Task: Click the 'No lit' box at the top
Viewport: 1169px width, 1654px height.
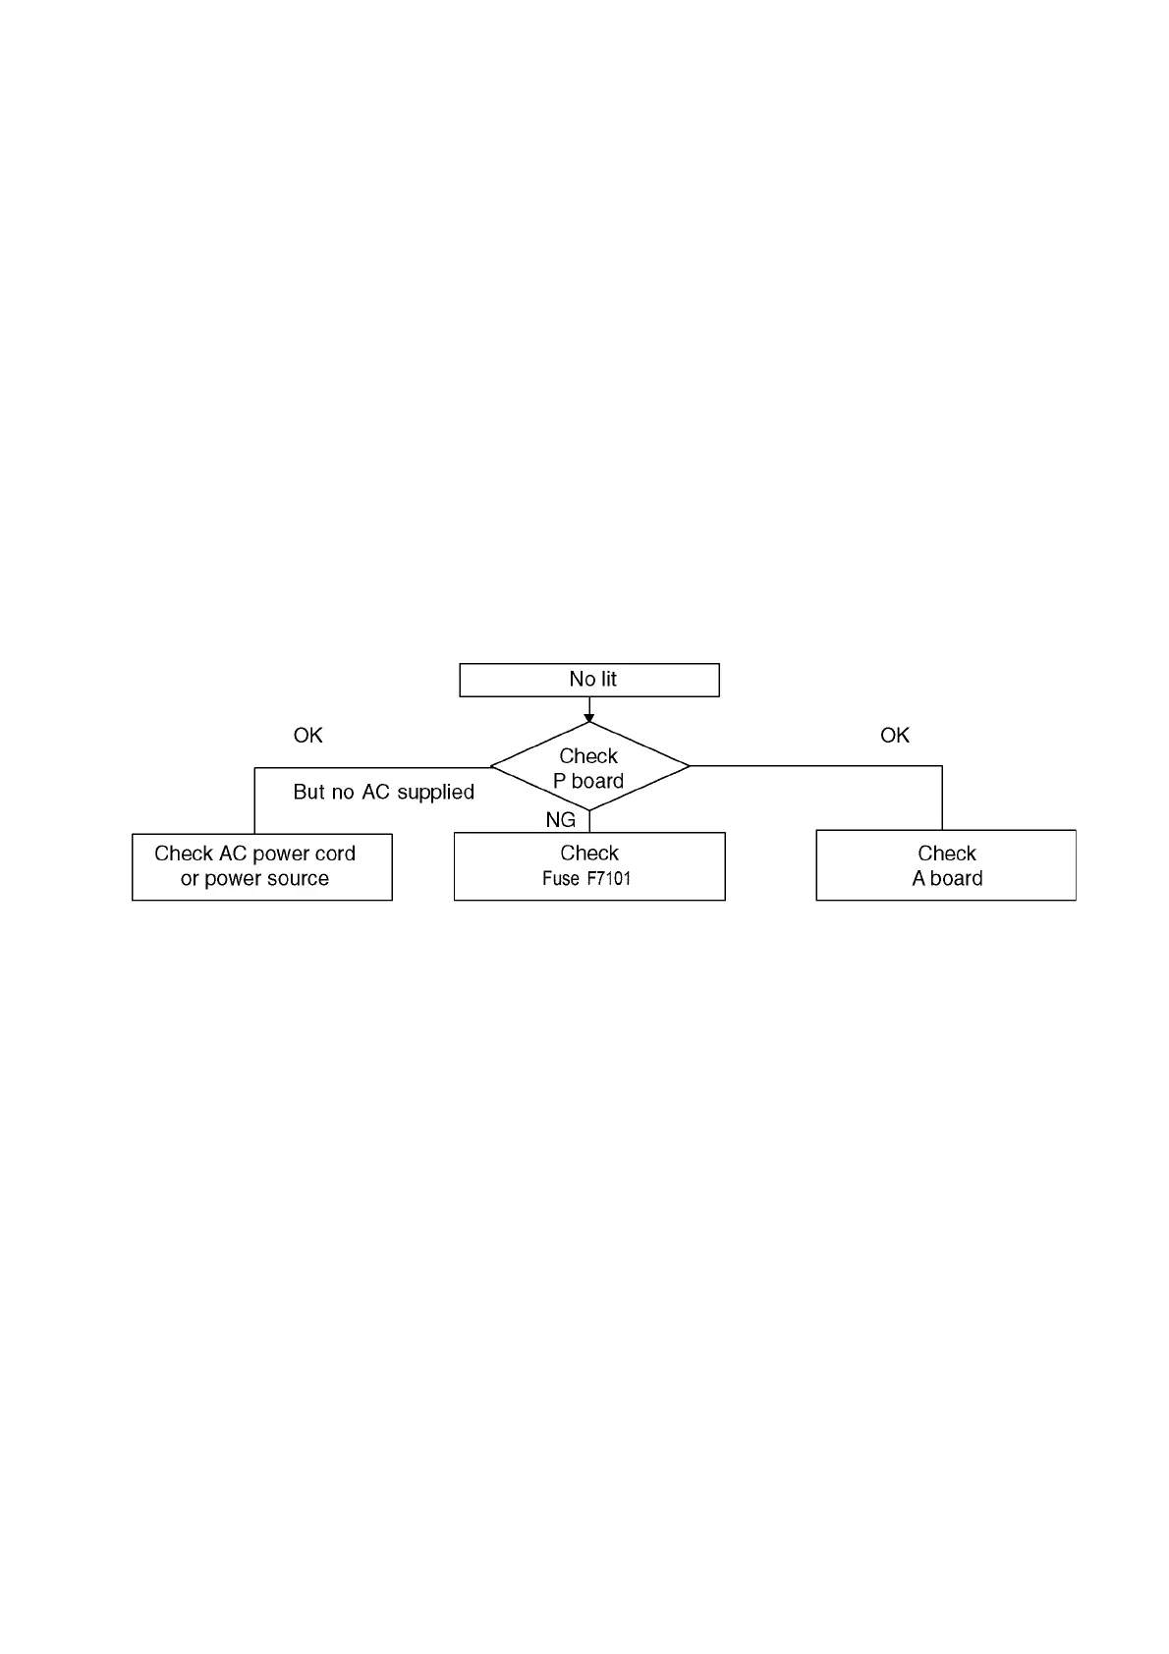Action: [588, 680]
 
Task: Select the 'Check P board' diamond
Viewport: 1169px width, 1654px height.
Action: [588, 767]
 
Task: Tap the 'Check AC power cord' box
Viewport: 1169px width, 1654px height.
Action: [261, 866]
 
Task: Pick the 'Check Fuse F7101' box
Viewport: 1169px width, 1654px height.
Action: [588, 866]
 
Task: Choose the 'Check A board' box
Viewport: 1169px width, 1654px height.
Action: [945, 865]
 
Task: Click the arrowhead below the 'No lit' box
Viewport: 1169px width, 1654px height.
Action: [588, 718]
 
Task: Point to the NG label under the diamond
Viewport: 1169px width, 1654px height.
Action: [560, 819]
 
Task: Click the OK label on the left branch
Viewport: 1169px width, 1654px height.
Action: [307, 736]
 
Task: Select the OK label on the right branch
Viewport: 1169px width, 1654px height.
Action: [894, 736]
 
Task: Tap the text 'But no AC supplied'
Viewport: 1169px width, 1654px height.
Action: [383, 792]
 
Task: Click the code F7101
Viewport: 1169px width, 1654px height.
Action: [608, 879]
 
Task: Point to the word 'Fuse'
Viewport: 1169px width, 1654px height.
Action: [560, 879]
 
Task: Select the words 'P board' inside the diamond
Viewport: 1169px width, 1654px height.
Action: [588, 781]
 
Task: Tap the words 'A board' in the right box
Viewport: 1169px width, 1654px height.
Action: [947, 879]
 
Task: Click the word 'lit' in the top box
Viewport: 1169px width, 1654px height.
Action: [608, 679]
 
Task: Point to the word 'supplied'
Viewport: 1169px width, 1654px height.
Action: [435, 793]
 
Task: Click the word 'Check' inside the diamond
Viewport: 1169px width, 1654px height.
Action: [588, 755]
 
